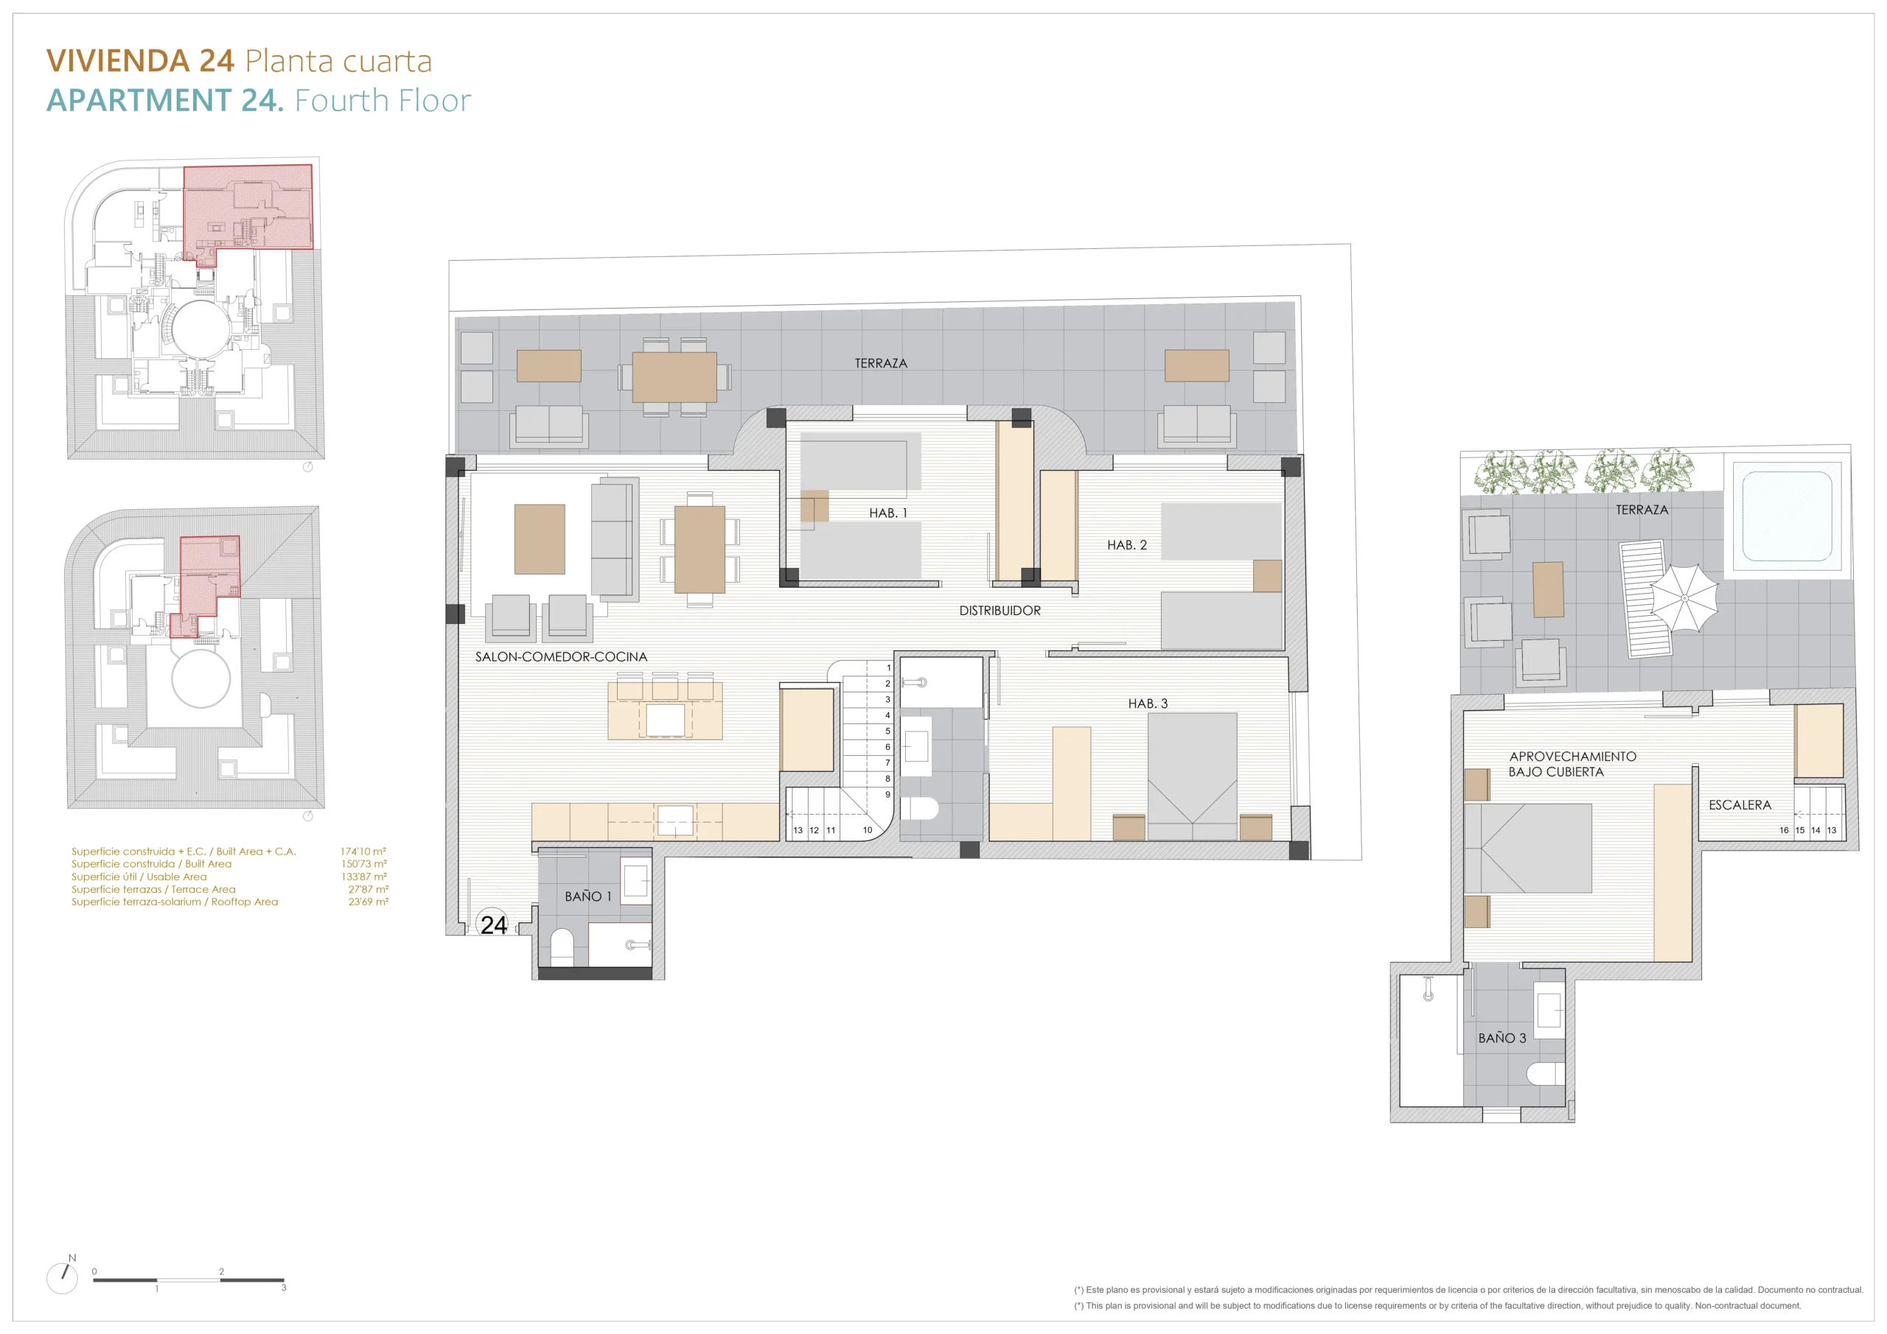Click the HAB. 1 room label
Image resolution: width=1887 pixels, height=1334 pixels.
(x=888, y=513)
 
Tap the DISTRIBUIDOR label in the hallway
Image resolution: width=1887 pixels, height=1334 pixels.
(x=1000, y=611)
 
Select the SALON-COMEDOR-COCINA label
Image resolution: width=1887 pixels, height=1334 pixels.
(x=562, y=656)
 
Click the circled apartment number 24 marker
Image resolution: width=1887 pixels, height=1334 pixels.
(x=493, y=925)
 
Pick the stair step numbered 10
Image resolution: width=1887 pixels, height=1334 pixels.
(x=867, y=829)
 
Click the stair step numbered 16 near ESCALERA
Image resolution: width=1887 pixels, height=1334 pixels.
(x=1784, y=829)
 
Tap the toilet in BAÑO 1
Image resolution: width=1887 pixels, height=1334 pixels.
(x=562, y=947)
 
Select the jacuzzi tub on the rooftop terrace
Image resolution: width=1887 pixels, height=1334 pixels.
(x=1787, y=516)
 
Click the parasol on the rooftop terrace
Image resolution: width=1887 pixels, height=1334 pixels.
(x=1684, y=598)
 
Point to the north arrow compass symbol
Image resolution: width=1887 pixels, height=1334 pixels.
(x=63, y=1277)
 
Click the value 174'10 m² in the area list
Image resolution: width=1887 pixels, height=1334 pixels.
(x=363, y=851)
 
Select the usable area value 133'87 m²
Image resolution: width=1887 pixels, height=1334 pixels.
(x=364, y=877)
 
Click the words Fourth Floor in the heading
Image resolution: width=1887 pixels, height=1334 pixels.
(x=383, y=100)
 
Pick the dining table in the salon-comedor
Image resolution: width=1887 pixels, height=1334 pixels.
(x=700, y=550)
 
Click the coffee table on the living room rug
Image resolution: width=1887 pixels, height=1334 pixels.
(x=539, y=539)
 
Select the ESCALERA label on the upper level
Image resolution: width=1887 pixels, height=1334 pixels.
(x=1740, y=805)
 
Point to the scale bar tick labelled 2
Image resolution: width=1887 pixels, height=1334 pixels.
(x=221, y=1271)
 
